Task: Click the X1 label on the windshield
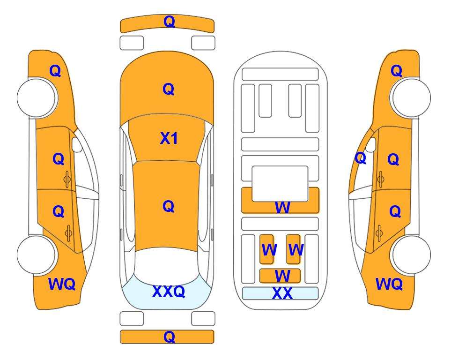coord(169,139)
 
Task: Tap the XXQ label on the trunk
coord(169,292)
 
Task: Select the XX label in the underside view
coord(282,293)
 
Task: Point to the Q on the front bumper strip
coord(169,22)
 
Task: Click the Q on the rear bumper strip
coord(169,337)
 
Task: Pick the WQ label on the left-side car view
coord(62,284)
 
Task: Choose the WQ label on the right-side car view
coord(389,284)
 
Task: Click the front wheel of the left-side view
coord(37,98)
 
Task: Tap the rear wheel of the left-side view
coord(37,255)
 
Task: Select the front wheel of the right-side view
coord(411,98)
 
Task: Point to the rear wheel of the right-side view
coord(411,255)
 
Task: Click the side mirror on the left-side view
coord(77,144)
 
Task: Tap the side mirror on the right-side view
coord(371,144)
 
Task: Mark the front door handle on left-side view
coord(67,179)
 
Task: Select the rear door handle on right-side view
coord(379,233)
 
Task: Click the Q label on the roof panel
coord(169,206)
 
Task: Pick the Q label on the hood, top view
coord(169,89)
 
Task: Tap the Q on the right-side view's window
coord(361,158)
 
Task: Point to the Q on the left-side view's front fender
coord(55,71)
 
